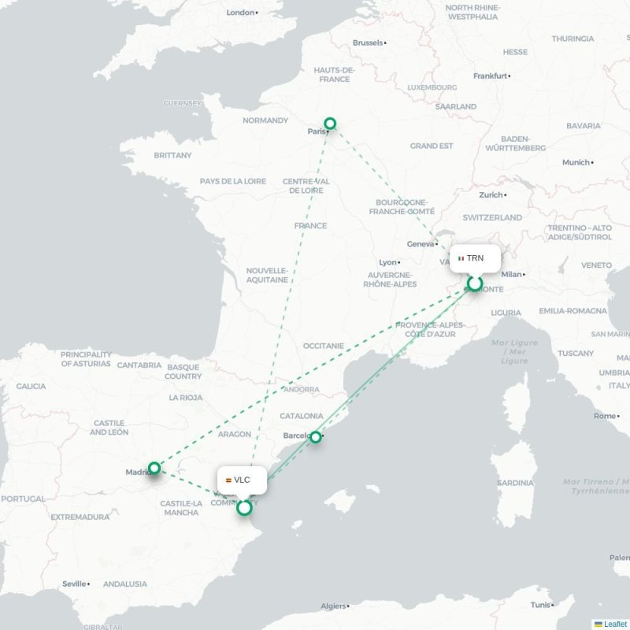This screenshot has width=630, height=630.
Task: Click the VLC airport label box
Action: [242, 480]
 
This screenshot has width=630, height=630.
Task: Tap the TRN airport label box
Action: [475, 258]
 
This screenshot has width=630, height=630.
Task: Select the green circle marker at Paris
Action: [330, 123]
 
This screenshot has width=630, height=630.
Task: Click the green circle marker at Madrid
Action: [154, 468]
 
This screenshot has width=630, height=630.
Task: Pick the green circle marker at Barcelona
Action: [315, 436]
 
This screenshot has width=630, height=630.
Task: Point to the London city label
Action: [241, 13]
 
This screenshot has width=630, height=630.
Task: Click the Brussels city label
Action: [369, 43]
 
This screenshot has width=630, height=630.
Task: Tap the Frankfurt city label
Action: [490, 76]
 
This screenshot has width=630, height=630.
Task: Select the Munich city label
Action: [576, 162]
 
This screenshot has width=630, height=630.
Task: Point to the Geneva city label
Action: [421, 244]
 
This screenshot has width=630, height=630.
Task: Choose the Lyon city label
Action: [388, 262]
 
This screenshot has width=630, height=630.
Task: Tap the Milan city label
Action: [512, 274]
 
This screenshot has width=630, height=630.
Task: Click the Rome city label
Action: [605, 416]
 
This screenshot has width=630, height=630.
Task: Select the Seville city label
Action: [75, 584]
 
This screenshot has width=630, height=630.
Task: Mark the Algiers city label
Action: [334, 606]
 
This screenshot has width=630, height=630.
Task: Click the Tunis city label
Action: [540, 605]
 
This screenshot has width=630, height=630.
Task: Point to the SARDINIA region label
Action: [516, 483]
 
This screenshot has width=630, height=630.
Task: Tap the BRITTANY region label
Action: [172, 155]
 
